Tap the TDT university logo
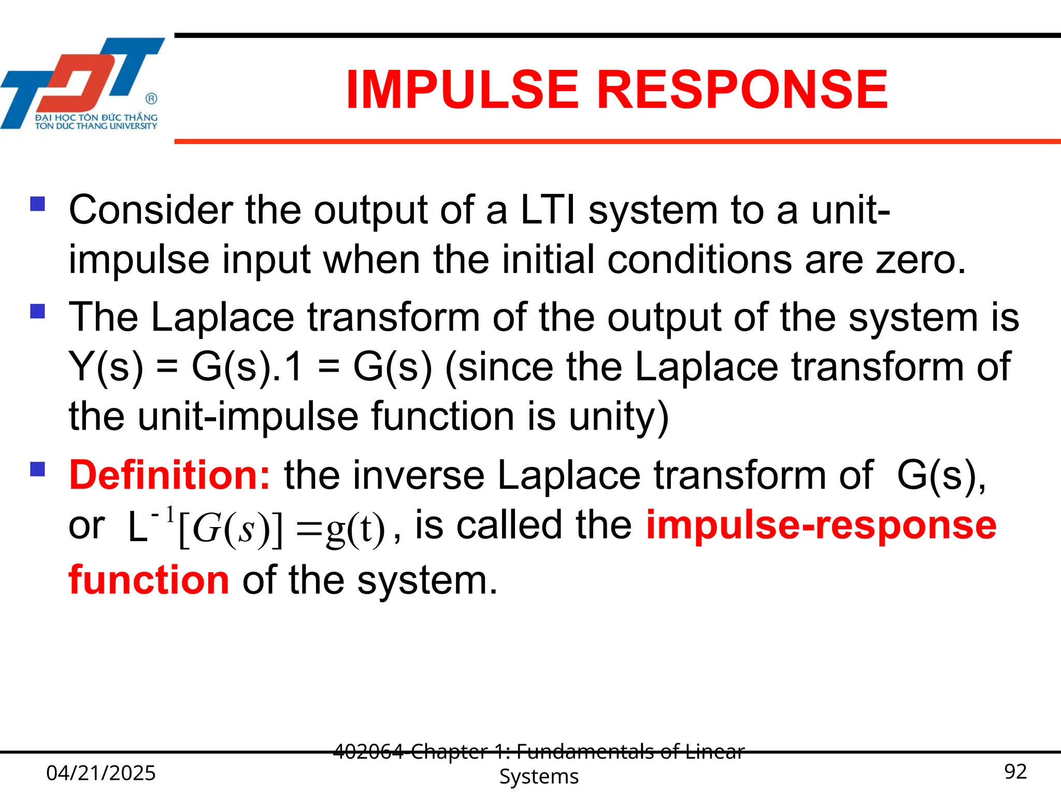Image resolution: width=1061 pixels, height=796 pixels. point(83,83)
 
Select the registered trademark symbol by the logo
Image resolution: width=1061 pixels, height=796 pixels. point(151,98)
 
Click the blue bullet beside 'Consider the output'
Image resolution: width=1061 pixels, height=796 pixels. point(38,204)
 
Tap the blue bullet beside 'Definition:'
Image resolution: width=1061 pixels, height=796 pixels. point(38,469)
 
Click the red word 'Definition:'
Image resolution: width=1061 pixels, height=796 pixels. point(169,475)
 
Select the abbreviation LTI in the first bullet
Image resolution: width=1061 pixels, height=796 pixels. point(548,210)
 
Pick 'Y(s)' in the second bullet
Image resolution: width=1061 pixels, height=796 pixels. point(106,367)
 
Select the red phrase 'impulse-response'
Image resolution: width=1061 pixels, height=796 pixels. point(821,524)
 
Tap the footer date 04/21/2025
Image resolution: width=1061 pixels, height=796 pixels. point(101,773)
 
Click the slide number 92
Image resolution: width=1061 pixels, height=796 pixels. point(1015,772)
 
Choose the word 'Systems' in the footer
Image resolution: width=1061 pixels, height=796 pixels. point(539,776)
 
